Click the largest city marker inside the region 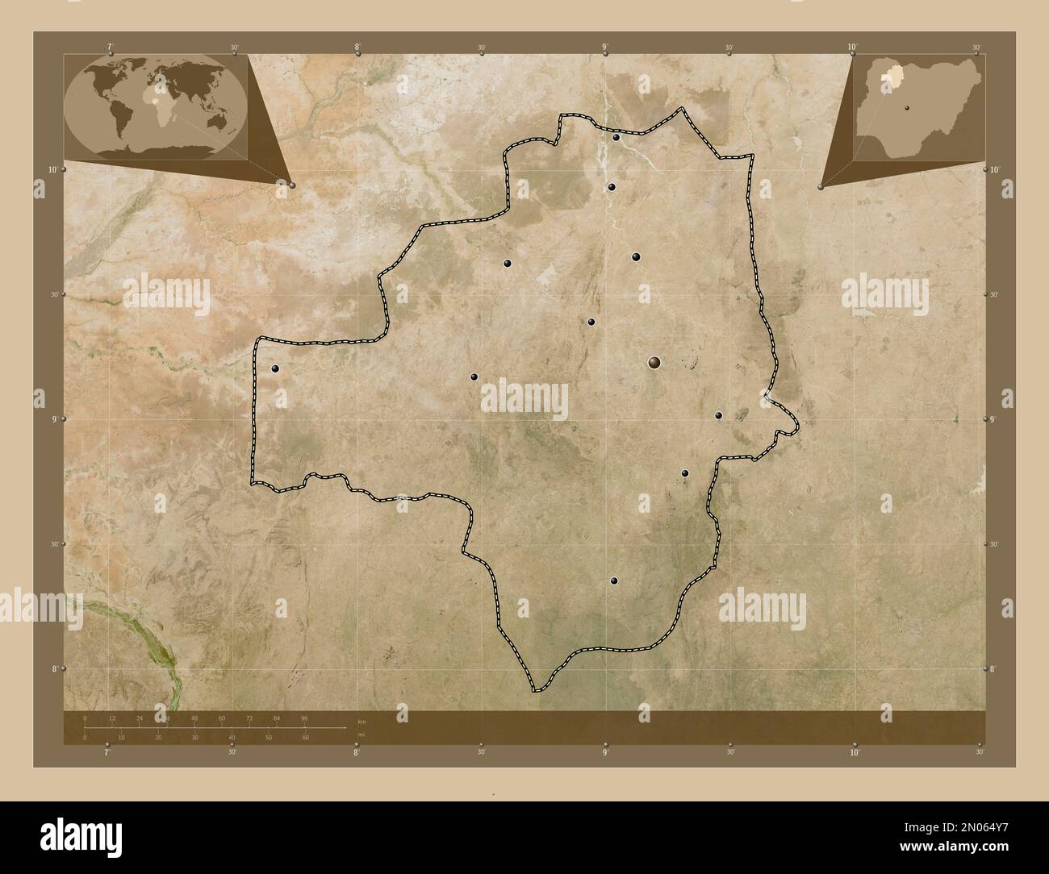tap(653, 364)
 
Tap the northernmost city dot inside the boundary tap(616, 138)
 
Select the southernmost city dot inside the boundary tap(614, 581)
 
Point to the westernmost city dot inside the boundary tap(276, 368)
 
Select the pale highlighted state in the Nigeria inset tap(891, 75)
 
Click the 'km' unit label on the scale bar tap(362, 722)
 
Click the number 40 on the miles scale tap(232, 738)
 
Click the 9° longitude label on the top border tap(604, 48)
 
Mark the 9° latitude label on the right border tap(993, 419)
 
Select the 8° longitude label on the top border tap(357, 48)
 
